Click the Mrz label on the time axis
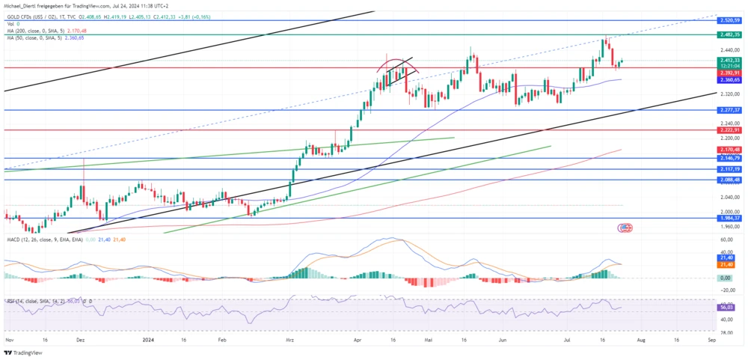click(x=290, y=338)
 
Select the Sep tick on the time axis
click(x=711, y=338)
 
